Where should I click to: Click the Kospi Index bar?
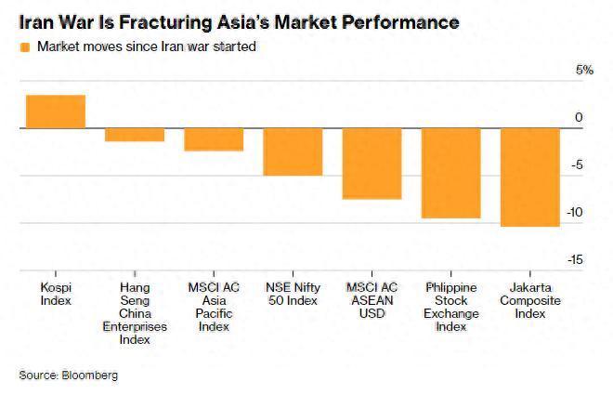coord(55,112)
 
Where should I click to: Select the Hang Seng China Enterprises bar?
coord(135,135)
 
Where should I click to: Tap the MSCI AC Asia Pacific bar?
coord(214,139)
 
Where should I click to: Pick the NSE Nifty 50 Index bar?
coord(293,151)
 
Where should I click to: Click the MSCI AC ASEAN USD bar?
coord(372,164)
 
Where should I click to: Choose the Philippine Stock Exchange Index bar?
coord(451,173)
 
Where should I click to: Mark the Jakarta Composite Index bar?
coord(530,177)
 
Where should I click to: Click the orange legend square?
coord(24,46)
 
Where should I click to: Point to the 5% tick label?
coord(584,71)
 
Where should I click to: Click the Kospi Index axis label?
coord(56,294)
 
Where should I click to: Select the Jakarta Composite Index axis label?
coord(530,300)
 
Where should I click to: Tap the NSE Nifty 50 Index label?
coord(293,294)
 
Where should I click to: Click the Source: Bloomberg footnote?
coord(69,375)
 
